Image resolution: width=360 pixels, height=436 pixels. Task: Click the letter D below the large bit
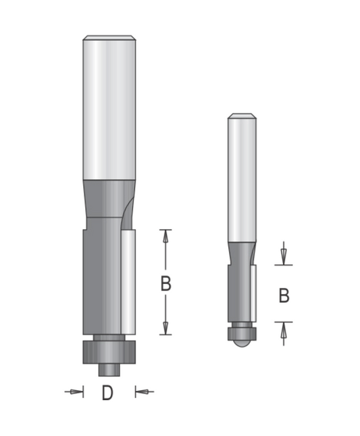(x=107, y=392)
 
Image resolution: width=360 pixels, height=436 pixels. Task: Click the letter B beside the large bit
(x=166, y=284)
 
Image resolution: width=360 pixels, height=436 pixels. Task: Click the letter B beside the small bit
(x=284, y=295)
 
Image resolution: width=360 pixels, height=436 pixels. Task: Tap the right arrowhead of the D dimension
(x=142, y=392)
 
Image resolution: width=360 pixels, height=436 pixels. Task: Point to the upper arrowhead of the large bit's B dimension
(x=165, y=237)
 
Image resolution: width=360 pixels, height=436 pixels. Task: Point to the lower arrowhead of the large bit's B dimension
(x=165, y=328)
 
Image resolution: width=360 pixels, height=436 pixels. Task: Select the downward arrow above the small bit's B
(x=283, y=253)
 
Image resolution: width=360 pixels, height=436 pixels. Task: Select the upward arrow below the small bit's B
(x=283, y=334)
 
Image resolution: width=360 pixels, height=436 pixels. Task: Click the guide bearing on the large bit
(x=109, y=352)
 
